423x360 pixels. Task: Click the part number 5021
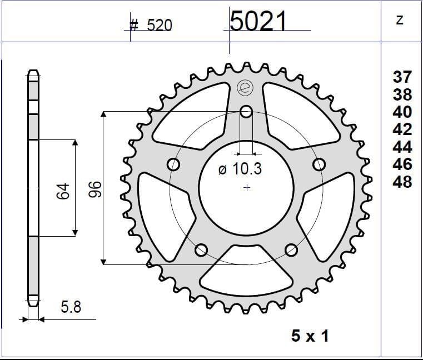pos(258,22)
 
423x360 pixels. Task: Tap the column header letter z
pos(399,21)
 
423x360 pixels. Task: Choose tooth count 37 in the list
pos(402,77)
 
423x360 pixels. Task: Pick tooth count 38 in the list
pos(402,94)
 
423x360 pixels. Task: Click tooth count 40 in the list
pos(402,112)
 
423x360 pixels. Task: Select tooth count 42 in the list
pos(402,129)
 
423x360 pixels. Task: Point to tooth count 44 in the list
pos(402,147)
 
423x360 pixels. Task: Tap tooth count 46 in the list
pos(402,164)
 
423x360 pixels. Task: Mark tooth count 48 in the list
pos(402,181)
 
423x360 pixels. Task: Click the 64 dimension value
pos(63,191)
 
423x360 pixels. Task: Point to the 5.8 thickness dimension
pos(70,306)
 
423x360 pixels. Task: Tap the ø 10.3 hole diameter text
pos(240,169)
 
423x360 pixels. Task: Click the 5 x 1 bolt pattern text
pos(310,336)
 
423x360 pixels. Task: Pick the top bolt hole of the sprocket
pos(246,112)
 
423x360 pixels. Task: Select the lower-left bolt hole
pos(202,249)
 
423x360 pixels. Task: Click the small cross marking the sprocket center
pos(247,188)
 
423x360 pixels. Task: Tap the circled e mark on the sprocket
pos(243,87)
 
